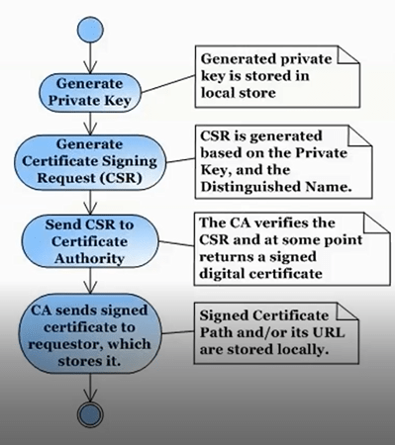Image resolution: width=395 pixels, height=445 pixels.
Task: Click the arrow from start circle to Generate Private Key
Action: pos(90,56)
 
